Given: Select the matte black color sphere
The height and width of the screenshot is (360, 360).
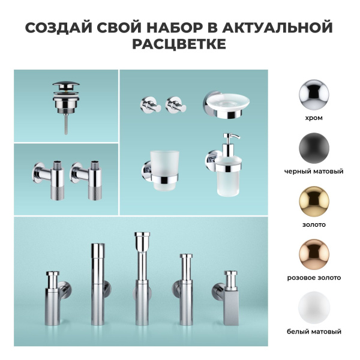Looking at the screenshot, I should pyautogui.click(x=314, y=147).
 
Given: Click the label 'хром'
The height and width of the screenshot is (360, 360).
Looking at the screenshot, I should pyautogui.click(x=314, y=118).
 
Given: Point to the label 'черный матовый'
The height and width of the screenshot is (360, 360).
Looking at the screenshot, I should pyautogui.click(x=314, y=172).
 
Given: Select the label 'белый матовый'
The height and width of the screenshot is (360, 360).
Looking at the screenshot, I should pyautogui.click(x=314, y=332).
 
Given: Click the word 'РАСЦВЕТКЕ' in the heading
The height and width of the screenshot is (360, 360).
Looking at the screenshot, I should pyautogui.click(x=180, y=46).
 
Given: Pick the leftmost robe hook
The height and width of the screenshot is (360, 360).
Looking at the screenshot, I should pyautogui.click(x=148, y=105).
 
